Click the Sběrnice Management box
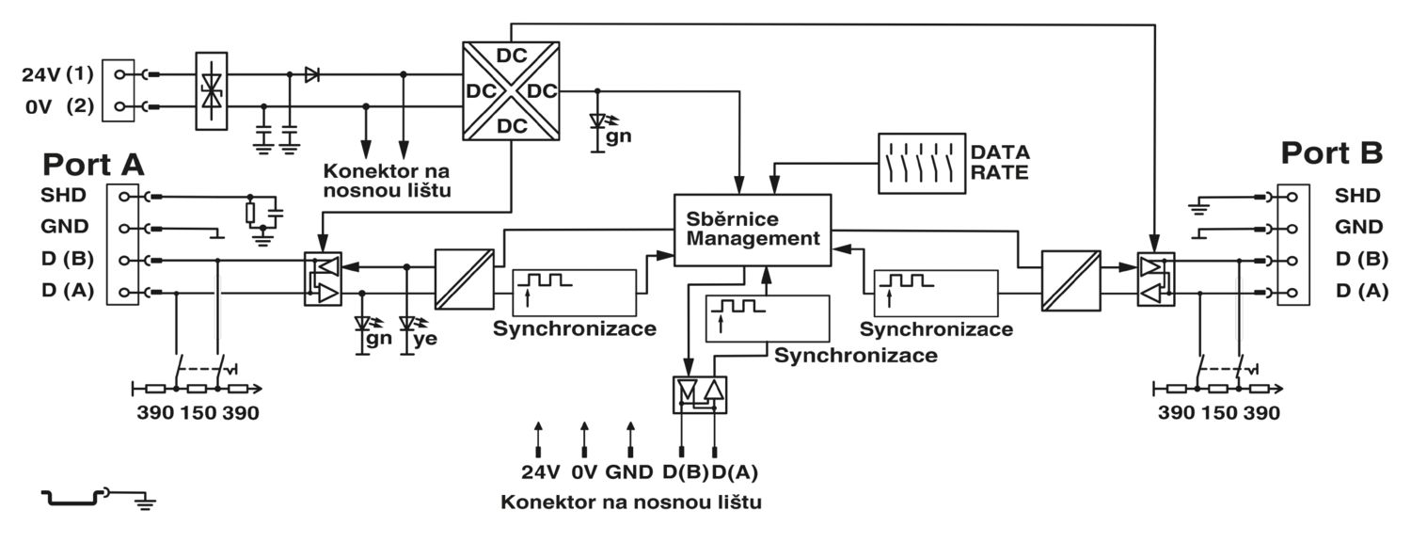point(753,230)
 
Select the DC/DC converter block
point(511,91)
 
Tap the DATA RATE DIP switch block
point(922,163)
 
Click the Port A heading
point(93,165)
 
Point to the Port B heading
point(1332,153)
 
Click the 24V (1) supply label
point(57,75)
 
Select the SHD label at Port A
point(63,196)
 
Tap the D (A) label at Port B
point(1362,291)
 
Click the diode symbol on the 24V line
point(311,75)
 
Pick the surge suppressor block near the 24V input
point(212,91)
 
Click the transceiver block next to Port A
point(324,279)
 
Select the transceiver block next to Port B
point(1156,279)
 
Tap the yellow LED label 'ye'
point(425,339)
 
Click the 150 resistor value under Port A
point(198,413)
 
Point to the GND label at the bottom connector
point(628,471)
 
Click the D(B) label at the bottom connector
point(686,471)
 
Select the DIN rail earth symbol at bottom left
point(99,498)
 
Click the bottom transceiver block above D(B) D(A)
point(700,395)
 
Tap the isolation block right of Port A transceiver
point(465,279)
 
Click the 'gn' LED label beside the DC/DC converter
point(618,136)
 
